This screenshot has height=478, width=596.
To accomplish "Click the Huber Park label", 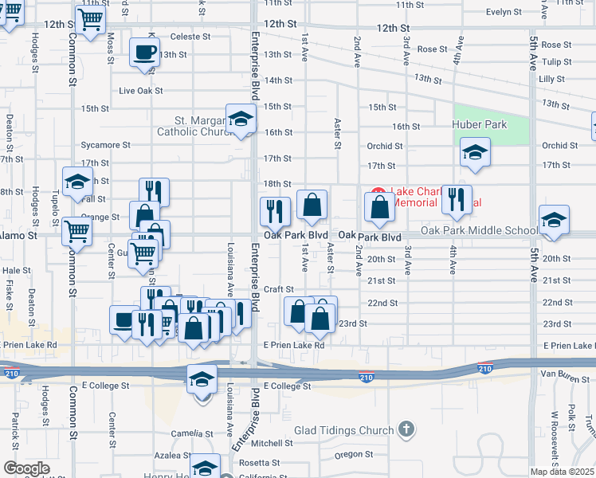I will coord(480,124).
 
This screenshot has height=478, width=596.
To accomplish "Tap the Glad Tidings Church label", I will coord(344,431).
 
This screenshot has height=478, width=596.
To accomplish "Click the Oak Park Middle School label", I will coord(479,231).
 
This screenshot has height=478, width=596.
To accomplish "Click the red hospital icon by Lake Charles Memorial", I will coord(377,194).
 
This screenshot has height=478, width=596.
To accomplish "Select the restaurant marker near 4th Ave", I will coord(457,200).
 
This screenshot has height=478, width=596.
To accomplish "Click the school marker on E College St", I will coord(202,379).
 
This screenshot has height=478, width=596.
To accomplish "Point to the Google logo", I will coord(26,468).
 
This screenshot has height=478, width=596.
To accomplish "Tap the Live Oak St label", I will coord(141,91).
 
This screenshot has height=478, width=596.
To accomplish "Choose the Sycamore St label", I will coord(105,145).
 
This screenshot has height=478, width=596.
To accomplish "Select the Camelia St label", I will coord(194,433).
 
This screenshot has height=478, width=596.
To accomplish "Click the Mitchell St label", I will coord(273,443).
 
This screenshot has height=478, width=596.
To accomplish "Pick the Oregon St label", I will coord(348,454).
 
